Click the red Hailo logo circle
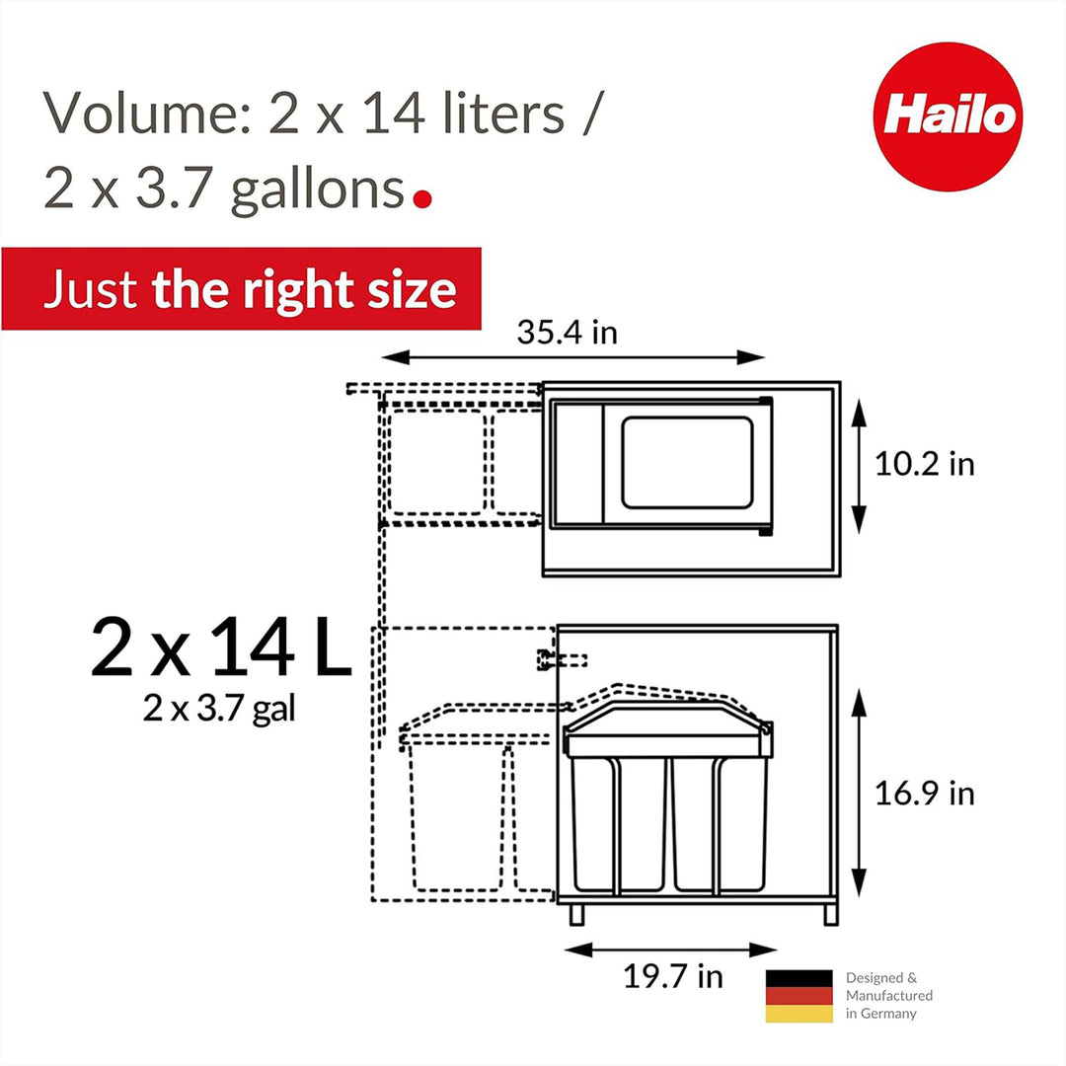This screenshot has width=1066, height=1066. [x=948, y=116]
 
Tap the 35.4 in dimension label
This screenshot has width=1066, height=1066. [x=567, y=332]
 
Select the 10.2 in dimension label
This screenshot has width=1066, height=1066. [x=924, y=464]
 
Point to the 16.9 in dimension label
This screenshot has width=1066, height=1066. [x=924, y=793]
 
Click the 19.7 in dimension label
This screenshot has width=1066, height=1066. [x=672, y=976]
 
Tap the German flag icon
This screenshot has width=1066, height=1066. [x=799, y=995]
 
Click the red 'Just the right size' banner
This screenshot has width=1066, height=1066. [x=241, y=289]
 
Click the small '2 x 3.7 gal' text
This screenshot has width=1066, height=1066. [x=219, y=709]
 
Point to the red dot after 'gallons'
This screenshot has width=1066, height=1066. [x=422, y=198]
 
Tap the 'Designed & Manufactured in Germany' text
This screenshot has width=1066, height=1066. [x=888, y=995]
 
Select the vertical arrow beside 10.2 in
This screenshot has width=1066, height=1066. [x=859, y=465]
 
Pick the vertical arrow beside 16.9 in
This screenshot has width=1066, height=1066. [x=859, y=793]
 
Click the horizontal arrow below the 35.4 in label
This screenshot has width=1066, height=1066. [x=572, y=357]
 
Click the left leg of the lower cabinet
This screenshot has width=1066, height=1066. [x=577, y=914]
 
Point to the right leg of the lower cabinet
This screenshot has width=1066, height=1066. [x=830, y=914]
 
